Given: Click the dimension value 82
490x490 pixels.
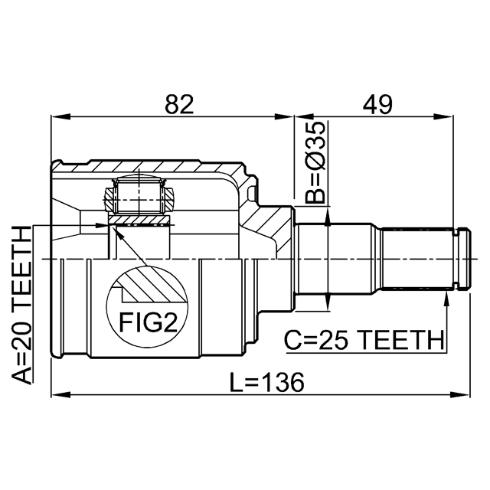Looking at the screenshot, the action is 179,104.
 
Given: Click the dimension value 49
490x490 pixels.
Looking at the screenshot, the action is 377,104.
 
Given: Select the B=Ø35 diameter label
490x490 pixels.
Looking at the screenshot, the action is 315,162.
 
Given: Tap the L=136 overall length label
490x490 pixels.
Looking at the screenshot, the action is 267,382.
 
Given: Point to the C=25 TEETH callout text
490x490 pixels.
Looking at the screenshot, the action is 364,340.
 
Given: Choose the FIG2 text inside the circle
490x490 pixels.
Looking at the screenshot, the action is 148,322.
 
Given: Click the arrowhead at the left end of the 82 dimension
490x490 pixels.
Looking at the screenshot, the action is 60,117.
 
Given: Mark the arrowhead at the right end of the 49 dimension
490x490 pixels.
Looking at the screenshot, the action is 444,117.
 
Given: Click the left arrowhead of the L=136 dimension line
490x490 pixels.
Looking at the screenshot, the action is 60,395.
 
